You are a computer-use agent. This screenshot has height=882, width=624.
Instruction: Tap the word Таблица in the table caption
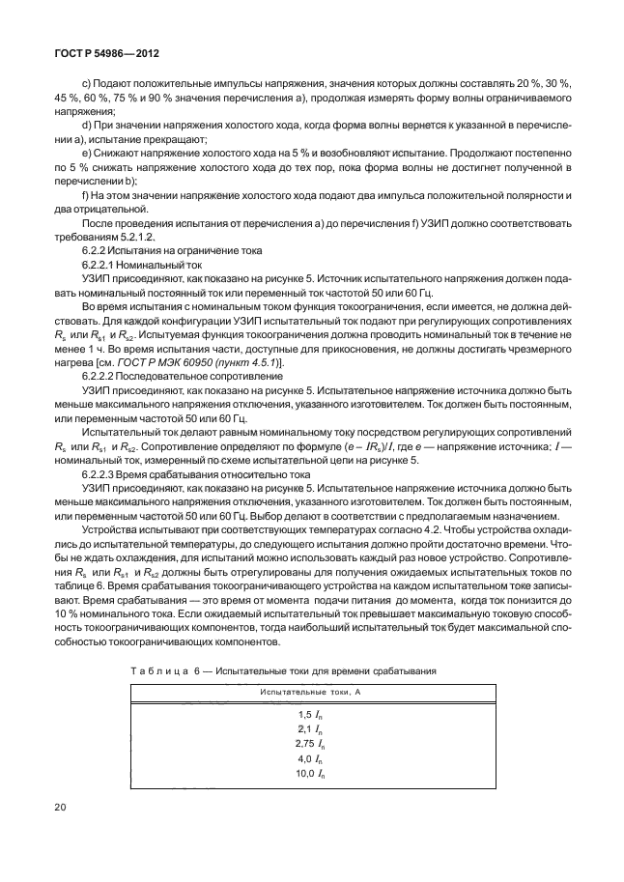156,669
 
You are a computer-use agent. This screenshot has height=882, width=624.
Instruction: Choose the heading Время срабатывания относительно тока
227,475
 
